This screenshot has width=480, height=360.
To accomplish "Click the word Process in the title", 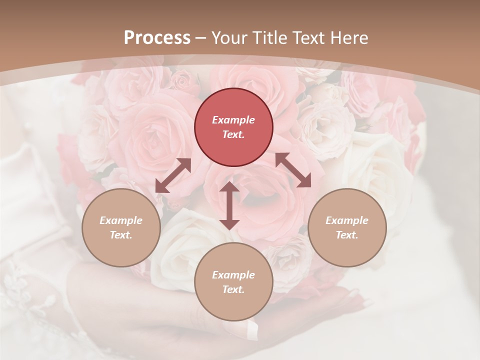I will (157, 37).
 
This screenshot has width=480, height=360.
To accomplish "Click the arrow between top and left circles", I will (173, 175).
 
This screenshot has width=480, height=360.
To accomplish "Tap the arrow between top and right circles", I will (293, 170).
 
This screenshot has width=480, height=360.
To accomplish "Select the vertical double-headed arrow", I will (229, 205).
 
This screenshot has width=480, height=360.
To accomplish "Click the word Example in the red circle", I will (233, 120).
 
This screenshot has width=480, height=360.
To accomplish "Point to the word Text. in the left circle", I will (121, 235).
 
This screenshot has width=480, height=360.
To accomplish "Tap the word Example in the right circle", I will (347, 220).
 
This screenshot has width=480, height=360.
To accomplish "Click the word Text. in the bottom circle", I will (233, 289).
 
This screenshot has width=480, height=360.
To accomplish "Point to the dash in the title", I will (201, 38).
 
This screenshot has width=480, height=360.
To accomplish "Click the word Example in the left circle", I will (121, 220).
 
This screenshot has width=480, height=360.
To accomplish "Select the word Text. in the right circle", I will (347, 235).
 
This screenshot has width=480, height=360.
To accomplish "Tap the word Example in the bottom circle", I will (233, 275).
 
